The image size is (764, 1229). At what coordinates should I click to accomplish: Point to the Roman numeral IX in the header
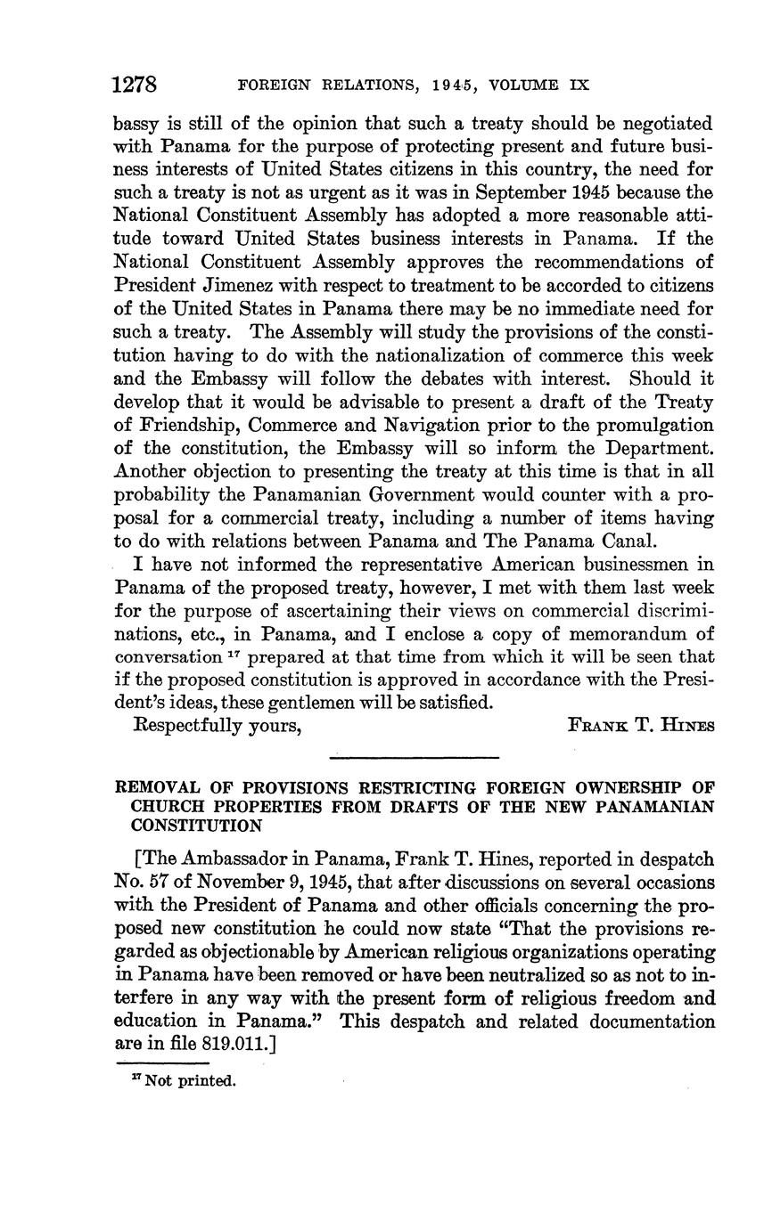579,86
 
